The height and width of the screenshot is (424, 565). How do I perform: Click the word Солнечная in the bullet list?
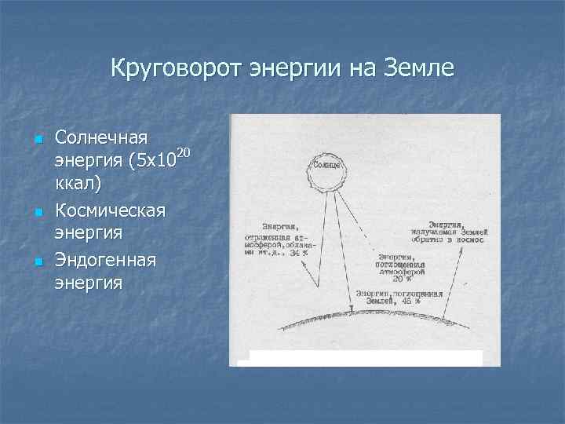(102, 139)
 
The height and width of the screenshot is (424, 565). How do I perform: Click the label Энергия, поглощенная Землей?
(399, 296)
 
